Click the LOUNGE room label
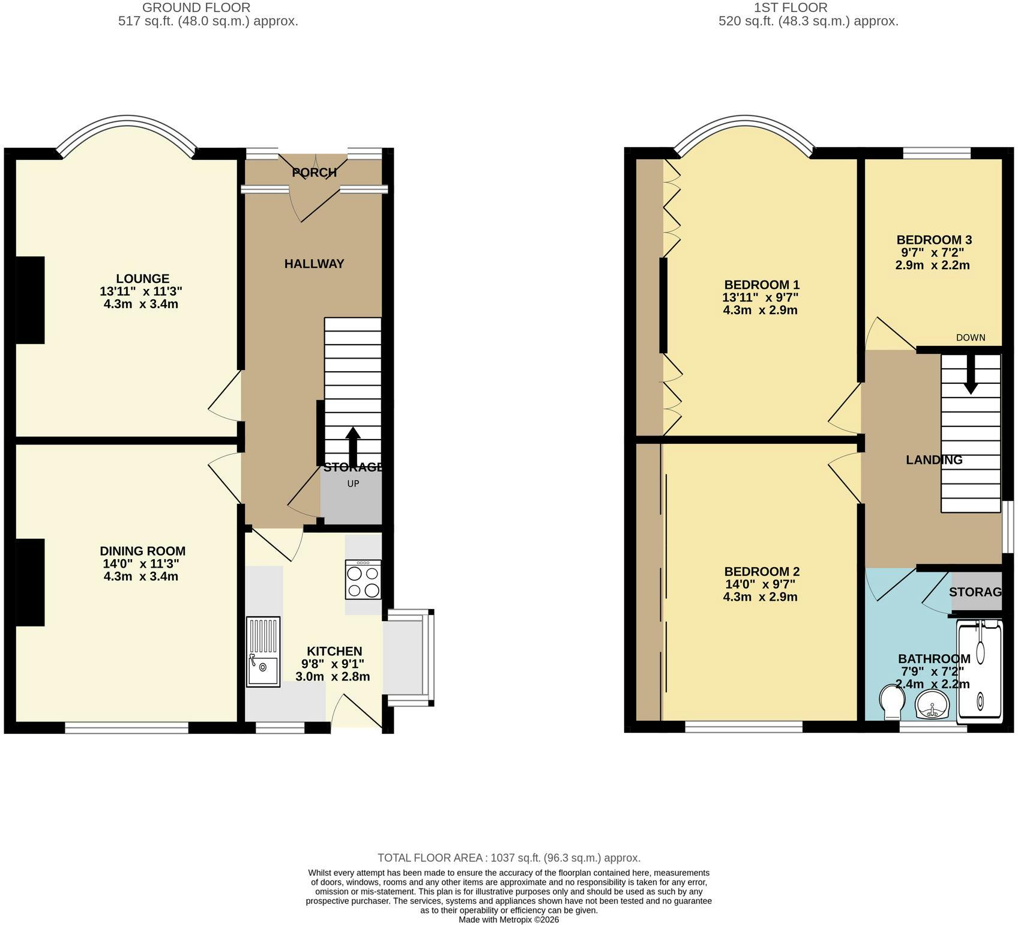142,279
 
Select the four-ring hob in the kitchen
363,580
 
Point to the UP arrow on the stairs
353,446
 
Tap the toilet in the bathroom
891,702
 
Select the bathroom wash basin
932,704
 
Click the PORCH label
314,173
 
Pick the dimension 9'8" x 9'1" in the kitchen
333,664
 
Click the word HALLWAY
314,264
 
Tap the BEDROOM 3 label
934,240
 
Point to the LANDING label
933,460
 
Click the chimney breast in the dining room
30,582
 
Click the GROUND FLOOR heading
196,8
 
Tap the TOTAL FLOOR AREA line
508,858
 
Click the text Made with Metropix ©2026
508,920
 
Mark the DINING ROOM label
142,551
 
